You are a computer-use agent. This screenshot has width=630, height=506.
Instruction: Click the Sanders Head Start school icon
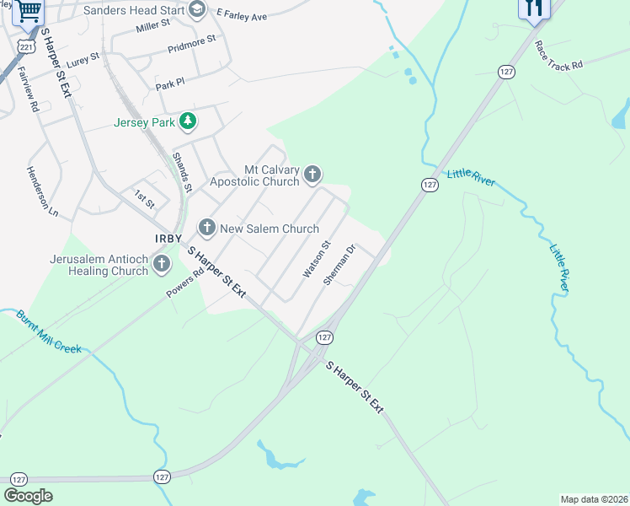197,10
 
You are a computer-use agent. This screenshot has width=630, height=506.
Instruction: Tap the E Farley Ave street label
242,16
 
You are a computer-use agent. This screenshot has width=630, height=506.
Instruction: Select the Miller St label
152,29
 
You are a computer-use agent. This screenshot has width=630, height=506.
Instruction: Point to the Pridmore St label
192,43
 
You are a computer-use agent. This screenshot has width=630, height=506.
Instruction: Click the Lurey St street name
83,59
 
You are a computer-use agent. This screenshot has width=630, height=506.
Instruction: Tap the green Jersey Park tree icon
188,122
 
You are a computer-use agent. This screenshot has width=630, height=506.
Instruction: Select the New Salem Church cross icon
207,229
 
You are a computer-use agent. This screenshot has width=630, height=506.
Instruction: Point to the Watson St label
317,261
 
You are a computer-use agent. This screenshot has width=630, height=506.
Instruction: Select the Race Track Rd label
558,56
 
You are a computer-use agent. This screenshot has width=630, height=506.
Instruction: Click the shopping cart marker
29,11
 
